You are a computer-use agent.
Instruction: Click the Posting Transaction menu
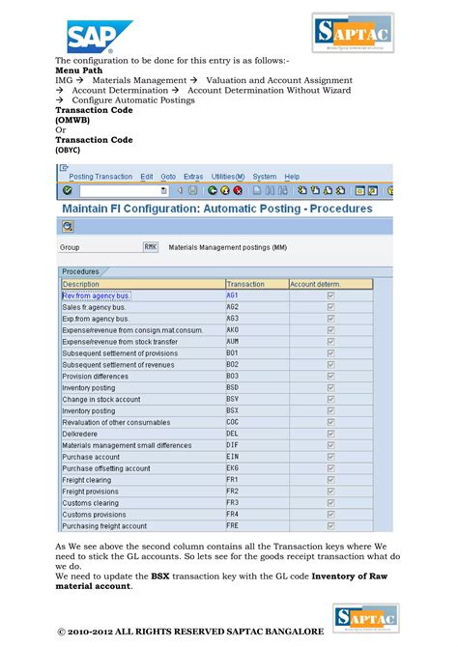(x=100, y=177)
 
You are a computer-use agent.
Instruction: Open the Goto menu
(x=168, y=177)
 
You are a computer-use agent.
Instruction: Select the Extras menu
(x=193, y=177)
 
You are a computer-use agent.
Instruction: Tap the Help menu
(x=292, y=177)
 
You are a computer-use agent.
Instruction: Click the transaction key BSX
(x=233, y=410)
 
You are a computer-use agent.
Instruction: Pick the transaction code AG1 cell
(x=233, y=295)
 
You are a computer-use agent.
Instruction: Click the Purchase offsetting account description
(x=106, y=468)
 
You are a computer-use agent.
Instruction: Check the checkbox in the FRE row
(x=331, y=526)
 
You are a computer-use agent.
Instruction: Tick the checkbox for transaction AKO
(x=331, y=330)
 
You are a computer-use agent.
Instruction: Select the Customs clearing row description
(x=91, y=503)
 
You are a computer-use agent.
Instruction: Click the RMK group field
(x=150, y=247)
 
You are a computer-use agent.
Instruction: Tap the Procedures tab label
(x=80, y=271)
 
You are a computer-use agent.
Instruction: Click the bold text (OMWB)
(x=73, y=120)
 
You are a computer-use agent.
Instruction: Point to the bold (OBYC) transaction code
(x=68, y=150)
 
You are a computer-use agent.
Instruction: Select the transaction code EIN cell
(x=233, y=457)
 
